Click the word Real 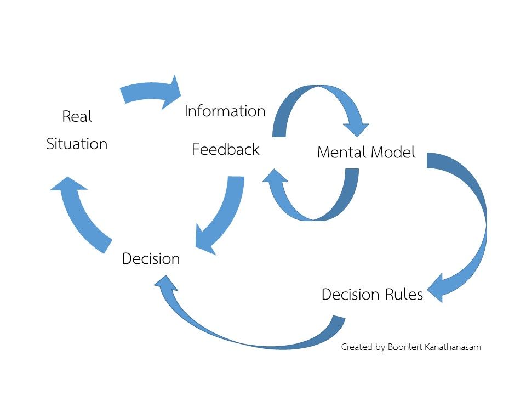[77, 116]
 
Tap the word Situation [77, 144]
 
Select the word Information [225, 111]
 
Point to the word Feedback [225, 149]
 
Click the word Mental [340, 152]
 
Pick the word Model [391, 152]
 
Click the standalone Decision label [151, 258]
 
